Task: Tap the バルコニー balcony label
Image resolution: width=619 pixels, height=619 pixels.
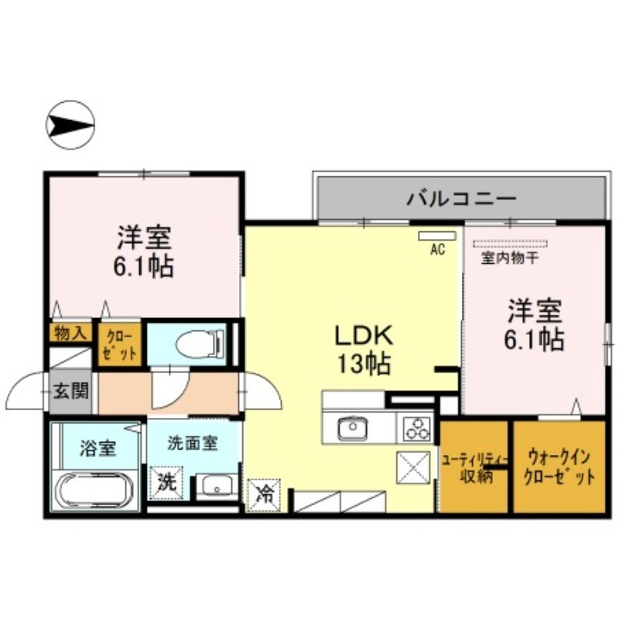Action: coord(461,199)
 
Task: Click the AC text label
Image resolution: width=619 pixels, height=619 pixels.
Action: coord(437,250)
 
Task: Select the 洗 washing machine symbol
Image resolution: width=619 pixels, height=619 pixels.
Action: coord(166,482)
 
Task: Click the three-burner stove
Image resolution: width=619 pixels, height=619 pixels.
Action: coord(416,426)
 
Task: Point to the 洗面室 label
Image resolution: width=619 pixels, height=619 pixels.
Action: coord(193,443)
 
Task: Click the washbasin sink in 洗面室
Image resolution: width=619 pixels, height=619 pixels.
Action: coord(214,487)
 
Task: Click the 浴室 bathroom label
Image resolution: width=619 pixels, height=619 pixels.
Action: coord(97,448)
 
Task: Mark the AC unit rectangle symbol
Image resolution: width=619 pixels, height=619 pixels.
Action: coord(437,235)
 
